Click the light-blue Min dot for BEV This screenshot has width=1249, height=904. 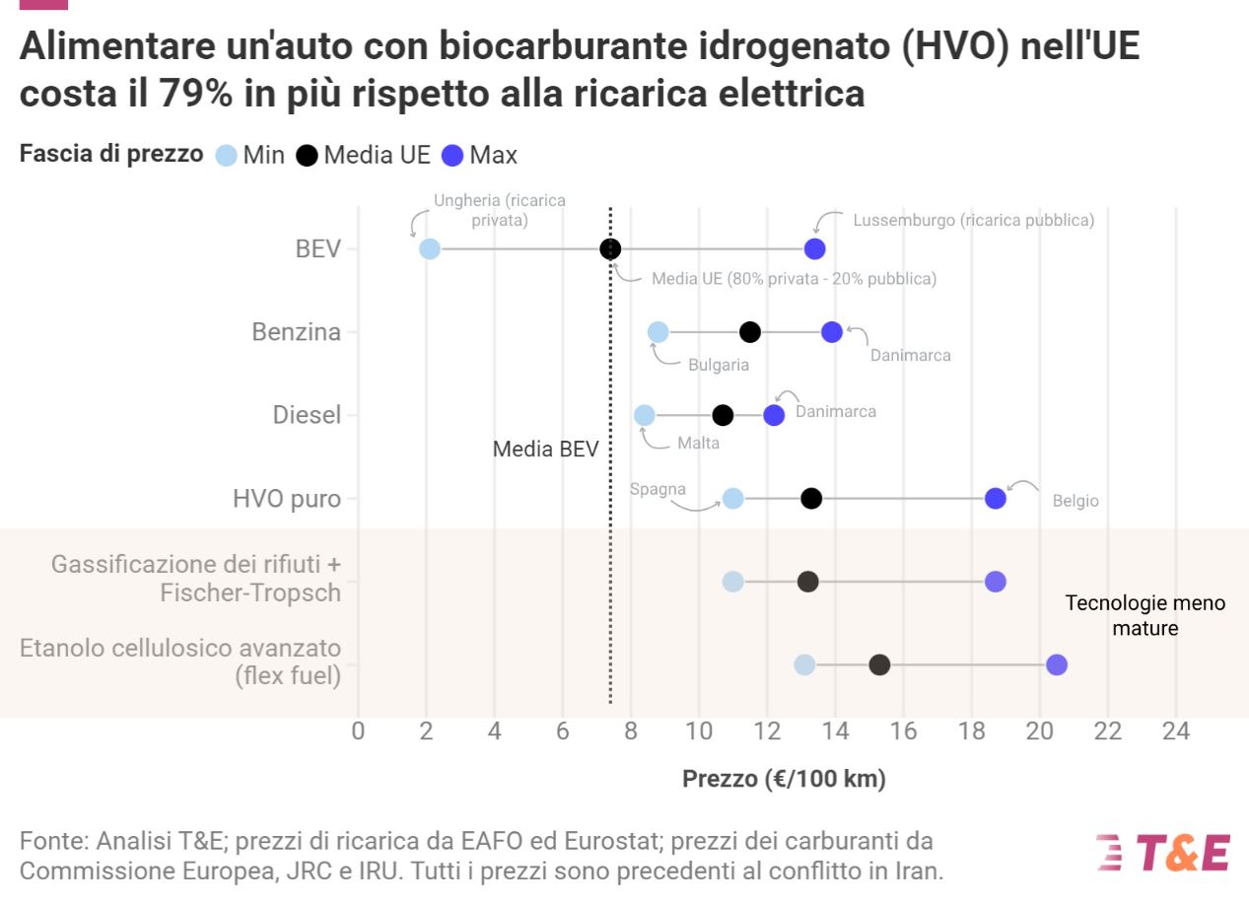[x=430, y=248]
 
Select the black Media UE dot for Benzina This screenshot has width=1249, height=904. [x=750, y=332]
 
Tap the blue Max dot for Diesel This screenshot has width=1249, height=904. [x=774, y=415]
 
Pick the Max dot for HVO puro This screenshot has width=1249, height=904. [x=996, y=499]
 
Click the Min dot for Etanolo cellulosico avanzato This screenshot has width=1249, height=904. [x=804, y=664]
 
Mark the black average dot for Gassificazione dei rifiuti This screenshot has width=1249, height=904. [x=808, y=582]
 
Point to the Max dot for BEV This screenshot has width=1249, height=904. [x=815, y=248]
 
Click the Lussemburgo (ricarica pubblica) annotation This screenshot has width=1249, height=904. [x=973, y=220]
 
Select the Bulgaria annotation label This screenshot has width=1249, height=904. [x=719, y=365]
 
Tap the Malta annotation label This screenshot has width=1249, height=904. [x=698, y=443]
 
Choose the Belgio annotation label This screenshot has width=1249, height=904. [x=1076, y=501]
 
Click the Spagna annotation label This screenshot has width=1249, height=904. [x=659, y=490]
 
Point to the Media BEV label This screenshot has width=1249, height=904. [x=545, y=450]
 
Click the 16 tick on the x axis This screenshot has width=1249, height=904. [x=904, y=731]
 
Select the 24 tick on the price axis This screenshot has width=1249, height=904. [x=1176, y=731]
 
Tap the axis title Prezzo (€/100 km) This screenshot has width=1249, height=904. [x=784, y=779]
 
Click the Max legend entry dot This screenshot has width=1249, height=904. [x=453, y=156]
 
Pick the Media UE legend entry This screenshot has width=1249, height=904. [x=365, y=155]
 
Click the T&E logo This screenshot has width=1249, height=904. [x=1163, y=853]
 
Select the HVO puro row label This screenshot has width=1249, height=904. [x=287, y=499]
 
